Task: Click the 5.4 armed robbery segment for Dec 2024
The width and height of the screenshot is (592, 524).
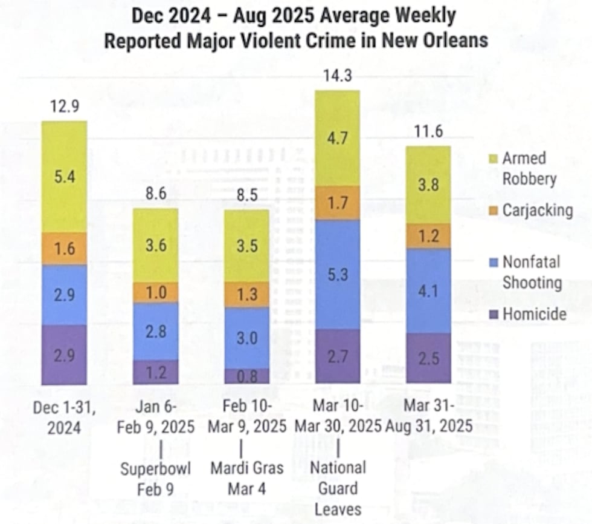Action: [64, 177]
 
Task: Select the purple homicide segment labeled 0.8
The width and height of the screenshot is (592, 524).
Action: [246, 376]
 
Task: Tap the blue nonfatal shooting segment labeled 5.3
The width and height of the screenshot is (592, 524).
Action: [338, 275]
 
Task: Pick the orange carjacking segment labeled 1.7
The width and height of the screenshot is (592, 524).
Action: [338, 203]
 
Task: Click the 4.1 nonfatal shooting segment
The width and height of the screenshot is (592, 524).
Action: [428, 290]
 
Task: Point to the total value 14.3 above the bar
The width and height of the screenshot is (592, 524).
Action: [338, 77]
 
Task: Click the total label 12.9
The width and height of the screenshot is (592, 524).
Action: [64, 108]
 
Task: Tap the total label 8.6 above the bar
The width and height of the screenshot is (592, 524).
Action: [155, 195]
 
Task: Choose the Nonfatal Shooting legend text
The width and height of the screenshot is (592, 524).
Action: [532, 272]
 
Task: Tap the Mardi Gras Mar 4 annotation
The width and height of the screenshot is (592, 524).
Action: [246, 478]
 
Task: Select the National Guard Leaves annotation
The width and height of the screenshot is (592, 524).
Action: [338, 488]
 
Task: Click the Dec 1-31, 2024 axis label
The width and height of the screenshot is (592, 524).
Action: [64, 418]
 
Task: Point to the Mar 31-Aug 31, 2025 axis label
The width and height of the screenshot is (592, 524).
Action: [428, 418]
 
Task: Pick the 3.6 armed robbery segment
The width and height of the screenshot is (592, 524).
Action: [155, 245]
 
